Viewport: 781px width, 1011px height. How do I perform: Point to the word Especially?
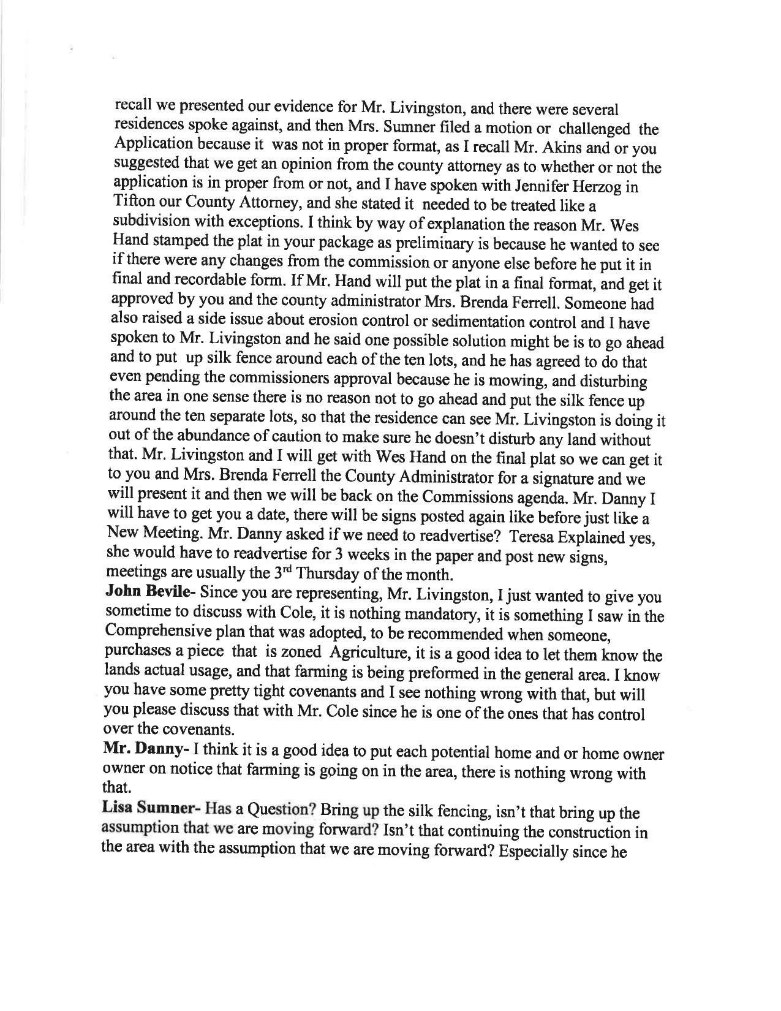tap(541, 852)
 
